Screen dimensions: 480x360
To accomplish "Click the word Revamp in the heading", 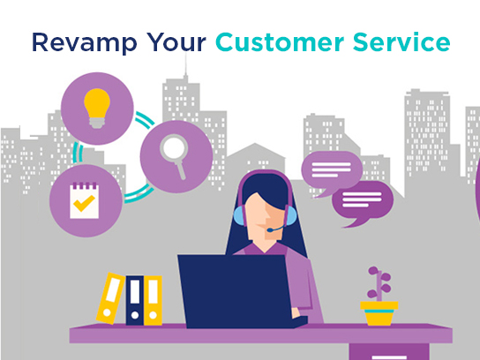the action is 85,43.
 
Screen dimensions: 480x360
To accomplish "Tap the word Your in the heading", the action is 176,42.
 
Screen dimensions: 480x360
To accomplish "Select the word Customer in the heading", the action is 280,41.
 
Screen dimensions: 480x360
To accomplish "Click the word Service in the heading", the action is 401,41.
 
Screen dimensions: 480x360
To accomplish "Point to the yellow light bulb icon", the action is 97,108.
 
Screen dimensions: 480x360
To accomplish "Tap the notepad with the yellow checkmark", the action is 85,200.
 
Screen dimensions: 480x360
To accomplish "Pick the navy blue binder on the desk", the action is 135,300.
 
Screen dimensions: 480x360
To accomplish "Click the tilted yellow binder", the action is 110,298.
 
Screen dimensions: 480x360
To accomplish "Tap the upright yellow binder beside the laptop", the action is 153,300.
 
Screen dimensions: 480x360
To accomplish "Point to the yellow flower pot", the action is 379,313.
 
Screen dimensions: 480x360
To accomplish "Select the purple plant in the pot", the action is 379,283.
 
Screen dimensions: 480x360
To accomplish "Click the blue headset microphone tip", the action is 269,230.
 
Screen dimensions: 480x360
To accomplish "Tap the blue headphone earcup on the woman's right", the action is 291,216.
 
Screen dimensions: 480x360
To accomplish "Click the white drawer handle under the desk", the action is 389,357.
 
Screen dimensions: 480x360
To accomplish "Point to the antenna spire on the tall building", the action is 185,64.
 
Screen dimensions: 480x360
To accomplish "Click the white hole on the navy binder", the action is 135,315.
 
